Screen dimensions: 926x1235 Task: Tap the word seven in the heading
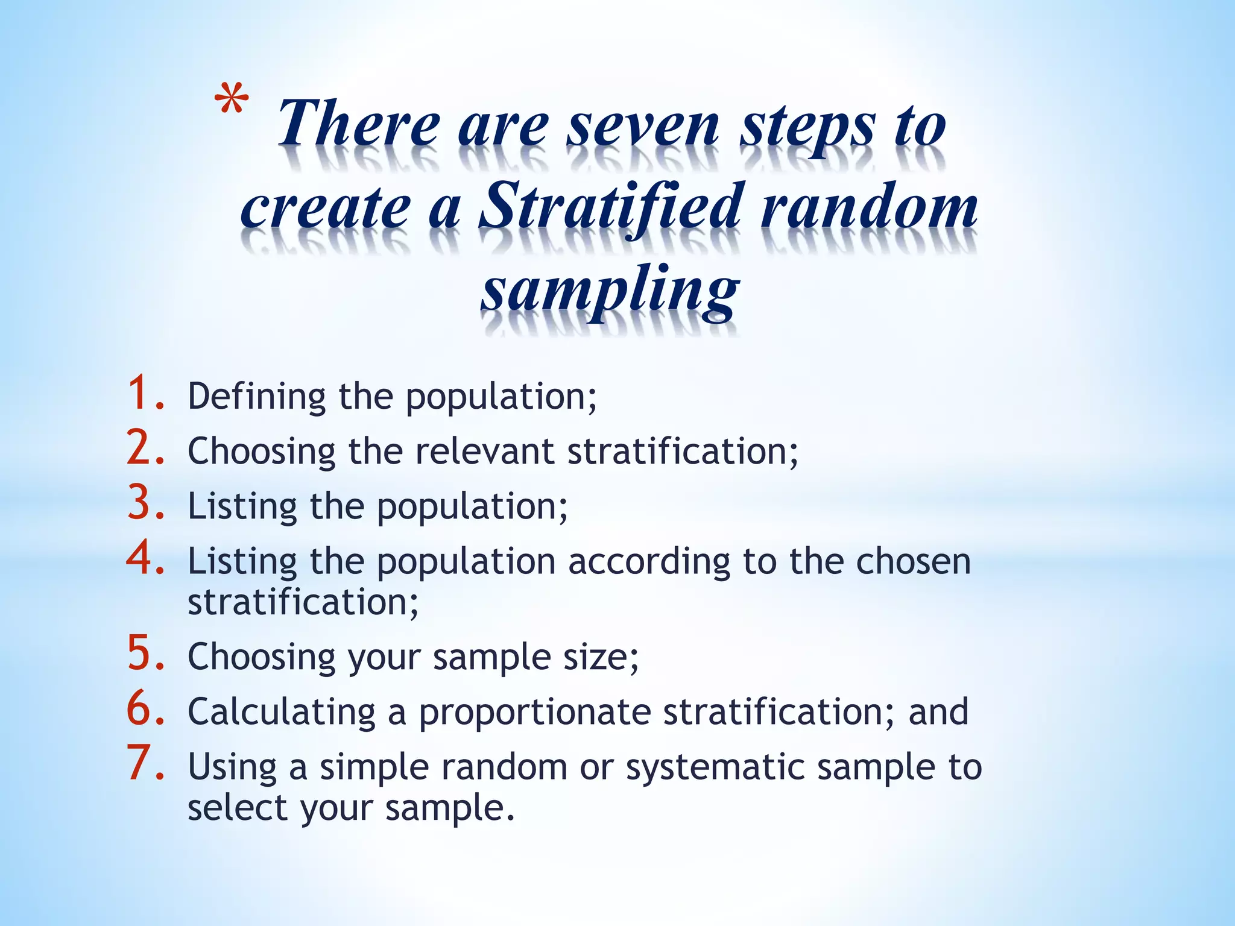(643, 126)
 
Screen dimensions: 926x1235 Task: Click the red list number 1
(145, 393)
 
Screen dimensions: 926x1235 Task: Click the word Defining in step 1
(257, 397)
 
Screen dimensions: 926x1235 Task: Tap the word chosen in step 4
(914, 561)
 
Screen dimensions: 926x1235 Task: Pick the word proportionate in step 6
(534, 713)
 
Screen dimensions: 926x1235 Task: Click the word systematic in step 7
(715, 767)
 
